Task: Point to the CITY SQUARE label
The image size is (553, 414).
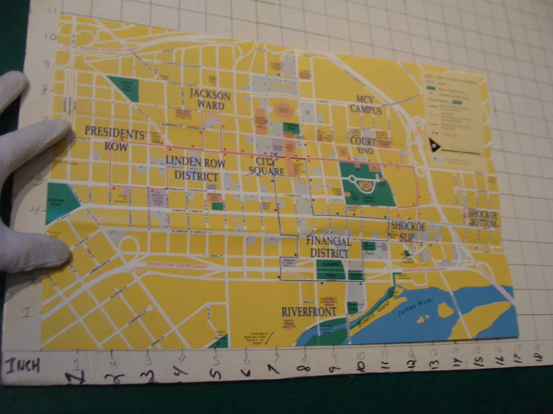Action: [x=266, y=166]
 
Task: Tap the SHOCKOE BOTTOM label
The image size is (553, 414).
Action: [x=482, y=218]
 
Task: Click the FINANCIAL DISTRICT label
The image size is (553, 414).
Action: [x=329, y=247]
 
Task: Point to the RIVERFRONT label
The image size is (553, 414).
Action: [x=309, y=311]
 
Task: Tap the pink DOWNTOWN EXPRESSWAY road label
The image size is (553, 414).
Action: [x=177, y=265]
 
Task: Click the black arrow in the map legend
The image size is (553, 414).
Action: [x=435, y=145]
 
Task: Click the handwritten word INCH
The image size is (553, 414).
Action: [x=23, y=366]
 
